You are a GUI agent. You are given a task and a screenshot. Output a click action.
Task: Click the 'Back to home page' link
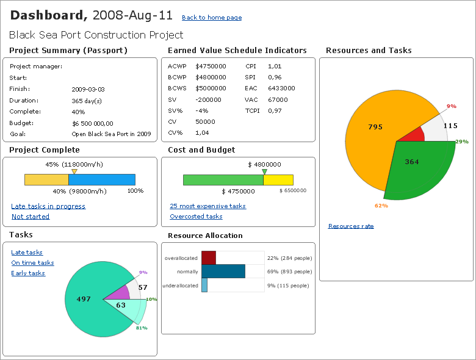212,18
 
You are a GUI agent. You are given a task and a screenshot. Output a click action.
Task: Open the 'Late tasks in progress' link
48,206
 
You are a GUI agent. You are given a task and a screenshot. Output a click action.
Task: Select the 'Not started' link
31,217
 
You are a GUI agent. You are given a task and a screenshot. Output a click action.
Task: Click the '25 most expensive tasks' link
207,206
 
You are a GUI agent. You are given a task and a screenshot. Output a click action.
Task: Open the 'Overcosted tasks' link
196,217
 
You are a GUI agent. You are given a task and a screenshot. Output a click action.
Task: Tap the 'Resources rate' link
351,226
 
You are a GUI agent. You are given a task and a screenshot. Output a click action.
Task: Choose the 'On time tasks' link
32,263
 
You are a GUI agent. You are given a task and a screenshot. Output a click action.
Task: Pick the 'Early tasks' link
28,273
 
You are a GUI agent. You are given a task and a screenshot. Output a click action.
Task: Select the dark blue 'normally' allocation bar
223,272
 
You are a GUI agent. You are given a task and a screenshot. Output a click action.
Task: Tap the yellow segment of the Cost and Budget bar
278,180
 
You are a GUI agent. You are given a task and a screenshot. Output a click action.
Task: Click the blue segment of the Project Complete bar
101,179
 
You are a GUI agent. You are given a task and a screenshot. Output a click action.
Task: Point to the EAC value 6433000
281,88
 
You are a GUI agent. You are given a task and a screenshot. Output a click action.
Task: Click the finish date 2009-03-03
88,89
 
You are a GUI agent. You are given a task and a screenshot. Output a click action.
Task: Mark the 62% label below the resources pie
381,206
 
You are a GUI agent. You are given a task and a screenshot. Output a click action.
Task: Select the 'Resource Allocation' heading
205,236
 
